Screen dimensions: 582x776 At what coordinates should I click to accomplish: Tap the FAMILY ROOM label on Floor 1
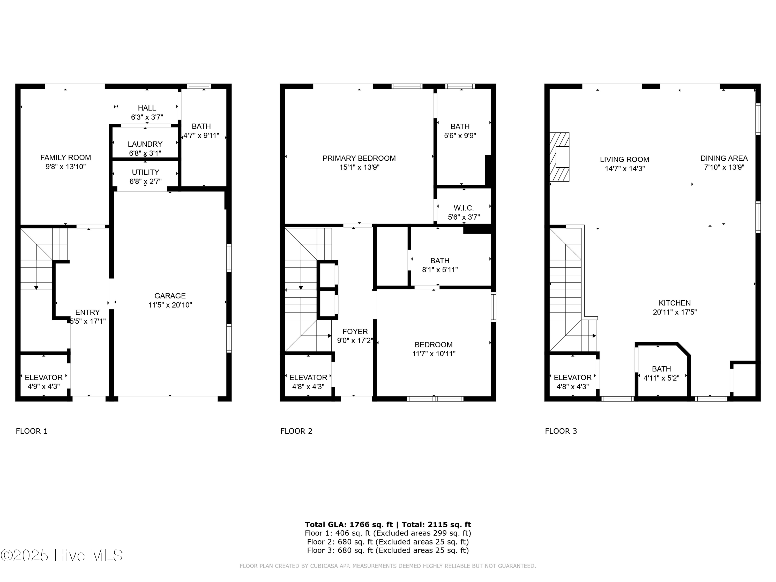click(x=66, y=158)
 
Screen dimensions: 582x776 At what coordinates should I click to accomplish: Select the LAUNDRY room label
click(x=145, y=144)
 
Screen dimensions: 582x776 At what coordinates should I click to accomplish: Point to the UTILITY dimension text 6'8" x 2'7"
click(x=145, y=181)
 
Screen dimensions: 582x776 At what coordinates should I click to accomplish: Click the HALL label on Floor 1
click(x=147, y=108)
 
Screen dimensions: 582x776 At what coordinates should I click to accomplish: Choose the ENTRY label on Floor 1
click(x=87, y=312)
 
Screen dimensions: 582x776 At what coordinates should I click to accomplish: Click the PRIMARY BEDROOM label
click(x=359, y=158)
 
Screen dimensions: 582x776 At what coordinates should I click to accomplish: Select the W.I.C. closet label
click(x=464, y=208)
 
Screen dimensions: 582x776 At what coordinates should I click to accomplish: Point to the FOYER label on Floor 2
click(x=355, y=332)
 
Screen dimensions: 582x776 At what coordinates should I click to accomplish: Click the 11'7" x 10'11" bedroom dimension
click(x=434, y=354)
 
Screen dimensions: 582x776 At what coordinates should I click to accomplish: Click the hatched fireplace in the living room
click(x=559, y=157)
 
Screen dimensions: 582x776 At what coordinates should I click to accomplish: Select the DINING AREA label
click(x=724, y=158)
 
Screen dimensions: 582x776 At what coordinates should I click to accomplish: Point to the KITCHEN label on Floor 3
click(x=675, y=303)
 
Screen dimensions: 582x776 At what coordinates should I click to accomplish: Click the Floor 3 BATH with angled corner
click(x=661, y=373)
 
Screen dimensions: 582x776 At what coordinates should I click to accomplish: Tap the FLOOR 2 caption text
click(x=296, y=431)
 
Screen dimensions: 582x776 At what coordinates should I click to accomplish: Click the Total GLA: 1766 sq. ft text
click(x=349, y=525)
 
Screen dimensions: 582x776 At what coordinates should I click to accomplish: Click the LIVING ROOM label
click(x=624, y=160)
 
